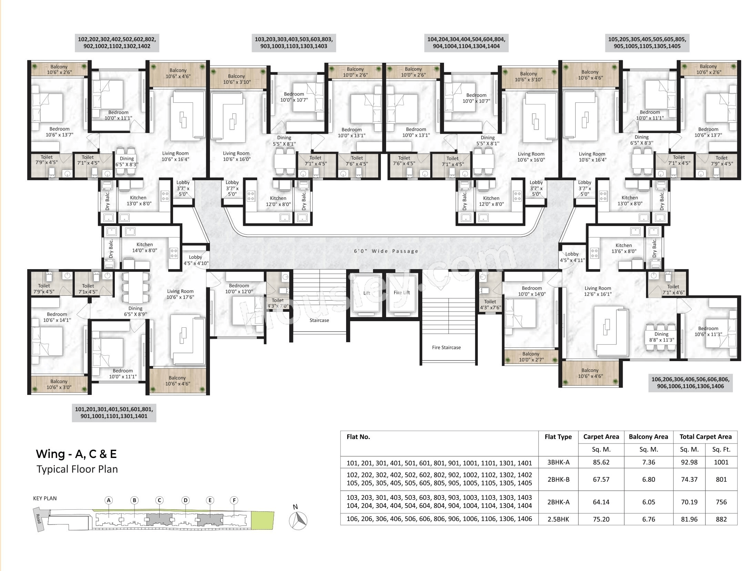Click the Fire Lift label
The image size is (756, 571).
coord(402,293)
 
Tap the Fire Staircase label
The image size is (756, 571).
coord(446,347)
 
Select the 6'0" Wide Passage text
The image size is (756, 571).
coord(386,251)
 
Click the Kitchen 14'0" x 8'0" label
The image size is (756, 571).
coord(144,247)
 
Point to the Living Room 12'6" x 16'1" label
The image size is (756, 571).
coord(598,291)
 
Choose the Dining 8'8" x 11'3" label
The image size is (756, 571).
coord(662,337)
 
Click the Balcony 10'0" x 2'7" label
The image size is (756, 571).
coord(531,357)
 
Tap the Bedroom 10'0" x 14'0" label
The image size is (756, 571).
coord(532,291)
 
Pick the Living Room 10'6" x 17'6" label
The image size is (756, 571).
coord(180,294)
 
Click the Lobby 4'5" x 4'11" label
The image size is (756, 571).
coord(572,257)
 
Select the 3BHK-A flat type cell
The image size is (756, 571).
coord(558,462)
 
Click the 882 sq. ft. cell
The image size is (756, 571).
coord(721,519)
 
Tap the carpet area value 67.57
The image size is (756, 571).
coord(601,479)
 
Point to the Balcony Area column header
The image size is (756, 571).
coord(648,437)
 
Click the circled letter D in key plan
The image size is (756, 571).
coord(185,500)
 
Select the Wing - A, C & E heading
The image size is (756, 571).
coord(76,454)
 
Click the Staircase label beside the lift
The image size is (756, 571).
coord(319,320)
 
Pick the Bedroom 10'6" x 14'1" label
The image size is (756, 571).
coord(57,317)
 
